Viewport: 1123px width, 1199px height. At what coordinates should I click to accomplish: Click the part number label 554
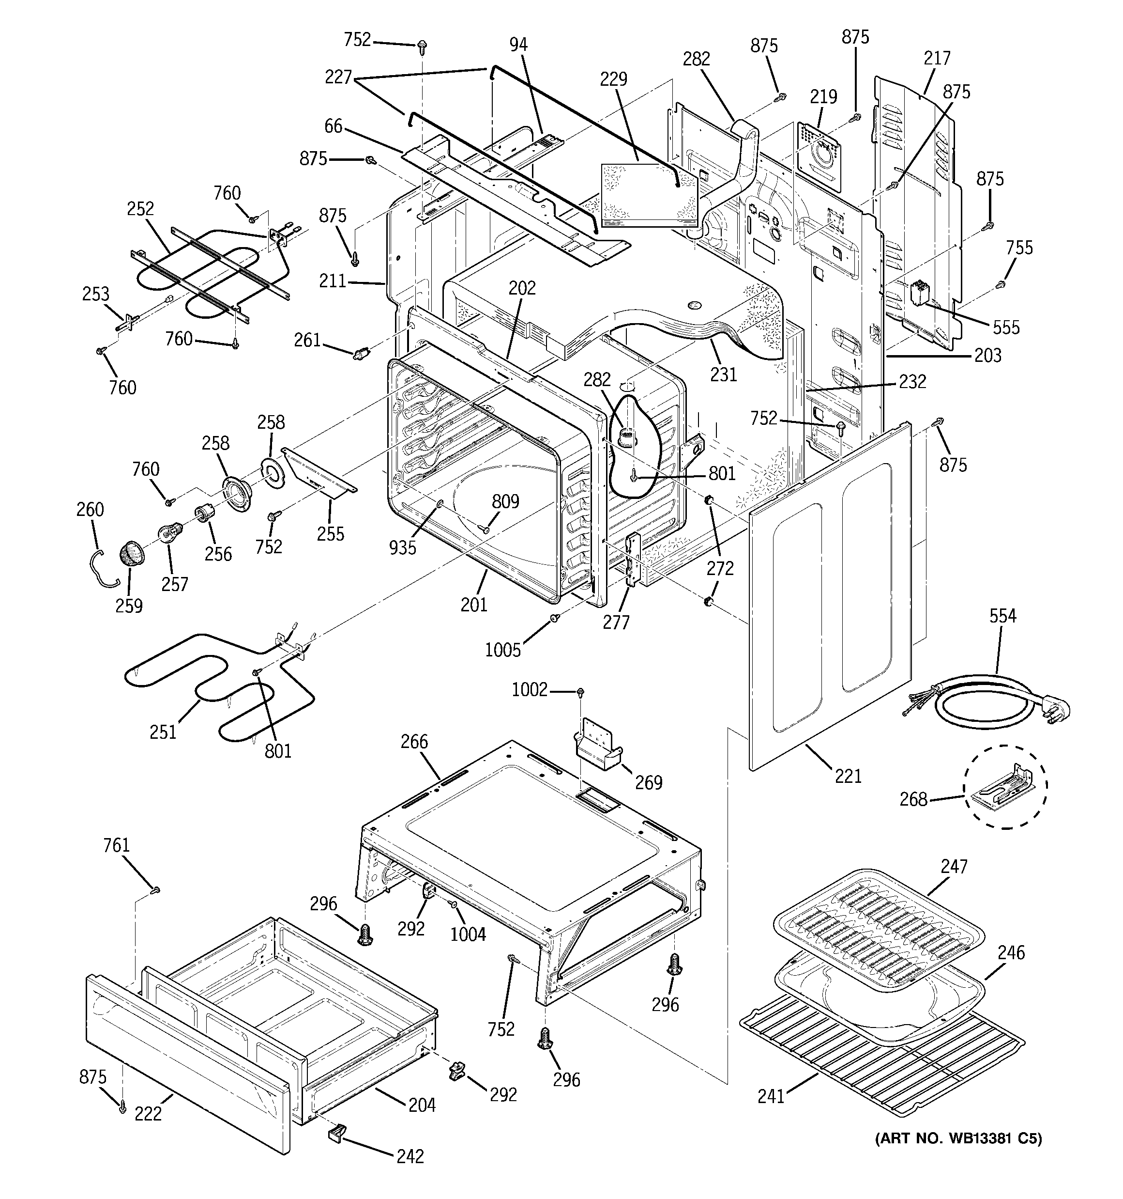(x=1002, y=616)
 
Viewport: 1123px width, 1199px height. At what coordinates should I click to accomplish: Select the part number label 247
(x=954, y=867)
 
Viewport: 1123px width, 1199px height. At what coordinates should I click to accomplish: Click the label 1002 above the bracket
(x=529, y=689)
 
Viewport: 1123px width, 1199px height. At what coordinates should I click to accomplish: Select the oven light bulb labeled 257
(x=167, y=532)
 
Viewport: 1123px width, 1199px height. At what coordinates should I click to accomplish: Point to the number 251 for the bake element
(x=163, y=732)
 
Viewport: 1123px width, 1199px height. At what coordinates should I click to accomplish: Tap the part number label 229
(x=614, y=79)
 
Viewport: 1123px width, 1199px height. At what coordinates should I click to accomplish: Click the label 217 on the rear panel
(x=937, y=58)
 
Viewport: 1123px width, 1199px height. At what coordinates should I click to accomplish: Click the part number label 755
(x=1019, y=248)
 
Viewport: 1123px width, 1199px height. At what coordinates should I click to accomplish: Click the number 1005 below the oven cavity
(x=503, y=650)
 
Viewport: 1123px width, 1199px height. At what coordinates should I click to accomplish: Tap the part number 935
(x=402, y=547)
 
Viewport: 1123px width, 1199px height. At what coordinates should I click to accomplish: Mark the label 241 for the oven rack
(x=771, y=1096)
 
